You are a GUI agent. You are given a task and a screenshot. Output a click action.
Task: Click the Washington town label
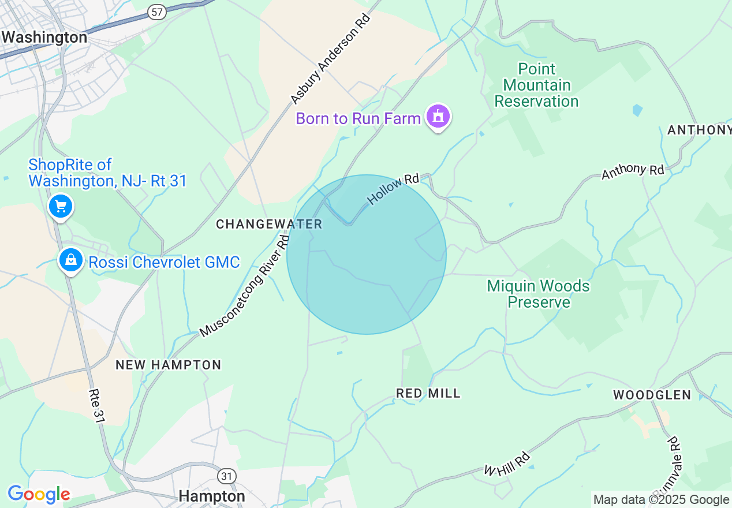click(x=44, y=38)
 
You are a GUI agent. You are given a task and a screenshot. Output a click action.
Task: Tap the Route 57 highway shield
click(x=156, y=12)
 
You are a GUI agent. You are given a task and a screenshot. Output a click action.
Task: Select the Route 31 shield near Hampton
click(x=227, y=476)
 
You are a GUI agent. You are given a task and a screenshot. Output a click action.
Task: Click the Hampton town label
click(x=212, y=496)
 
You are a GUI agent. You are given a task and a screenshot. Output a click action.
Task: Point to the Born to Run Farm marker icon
click(x=438, y=117)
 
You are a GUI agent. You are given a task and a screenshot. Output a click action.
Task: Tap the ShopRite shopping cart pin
click(x=60, y=206)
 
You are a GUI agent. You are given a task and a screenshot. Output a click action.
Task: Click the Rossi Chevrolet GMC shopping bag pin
click(x=70, y=260)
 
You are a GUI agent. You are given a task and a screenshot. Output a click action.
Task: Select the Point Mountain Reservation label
click(x=536, y=85)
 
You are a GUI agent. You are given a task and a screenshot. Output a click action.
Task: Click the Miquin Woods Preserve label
click(x=538, y=294)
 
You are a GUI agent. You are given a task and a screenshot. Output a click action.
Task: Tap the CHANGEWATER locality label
click(x=269, y=224)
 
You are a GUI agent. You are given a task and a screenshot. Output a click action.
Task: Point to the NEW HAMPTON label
click(x=169, y=365)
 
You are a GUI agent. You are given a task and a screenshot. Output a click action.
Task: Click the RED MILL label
click(x=428, y=393)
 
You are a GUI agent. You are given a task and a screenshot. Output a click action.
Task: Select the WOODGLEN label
click(x=652, y=395)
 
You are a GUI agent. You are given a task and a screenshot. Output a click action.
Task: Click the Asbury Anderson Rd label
click(x=330, y=59)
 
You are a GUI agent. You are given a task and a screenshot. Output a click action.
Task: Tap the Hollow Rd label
click(x=393, y=189)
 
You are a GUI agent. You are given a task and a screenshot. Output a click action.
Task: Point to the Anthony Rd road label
click(x=633, y=171)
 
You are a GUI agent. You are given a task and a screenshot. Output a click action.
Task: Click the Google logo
click(x=39, y=495)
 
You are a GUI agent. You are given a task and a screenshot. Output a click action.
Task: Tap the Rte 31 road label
click(x=96, y=406)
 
